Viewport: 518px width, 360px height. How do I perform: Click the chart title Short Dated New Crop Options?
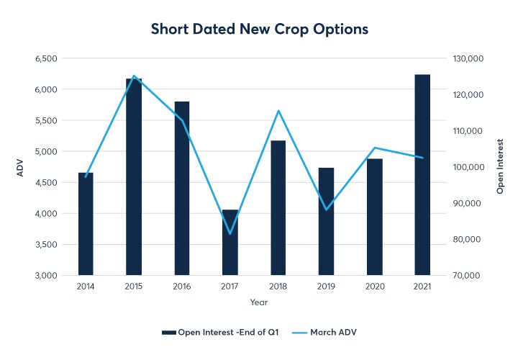pos(259,30)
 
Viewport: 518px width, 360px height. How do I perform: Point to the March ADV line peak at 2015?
pos(134,76)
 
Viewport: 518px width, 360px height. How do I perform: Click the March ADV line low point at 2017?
pos(230,233)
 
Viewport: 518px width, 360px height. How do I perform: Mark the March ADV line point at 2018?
pos(278,111)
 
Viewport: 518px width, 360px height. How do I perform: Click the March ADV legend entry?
pos(335,332)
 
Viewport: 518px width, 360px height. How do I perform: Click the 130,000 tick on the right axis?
pos(466,58)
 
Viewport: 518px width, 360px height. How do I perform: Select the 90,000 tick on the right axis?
pos(466,203)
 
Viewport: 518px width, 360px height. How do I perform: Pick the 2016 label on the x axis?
pos(182,286)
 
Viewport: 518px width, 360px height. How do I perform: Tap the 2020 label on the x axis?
pos(374,286)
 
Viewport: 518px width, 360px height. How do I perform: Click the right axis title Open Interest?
pos(500,167)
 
